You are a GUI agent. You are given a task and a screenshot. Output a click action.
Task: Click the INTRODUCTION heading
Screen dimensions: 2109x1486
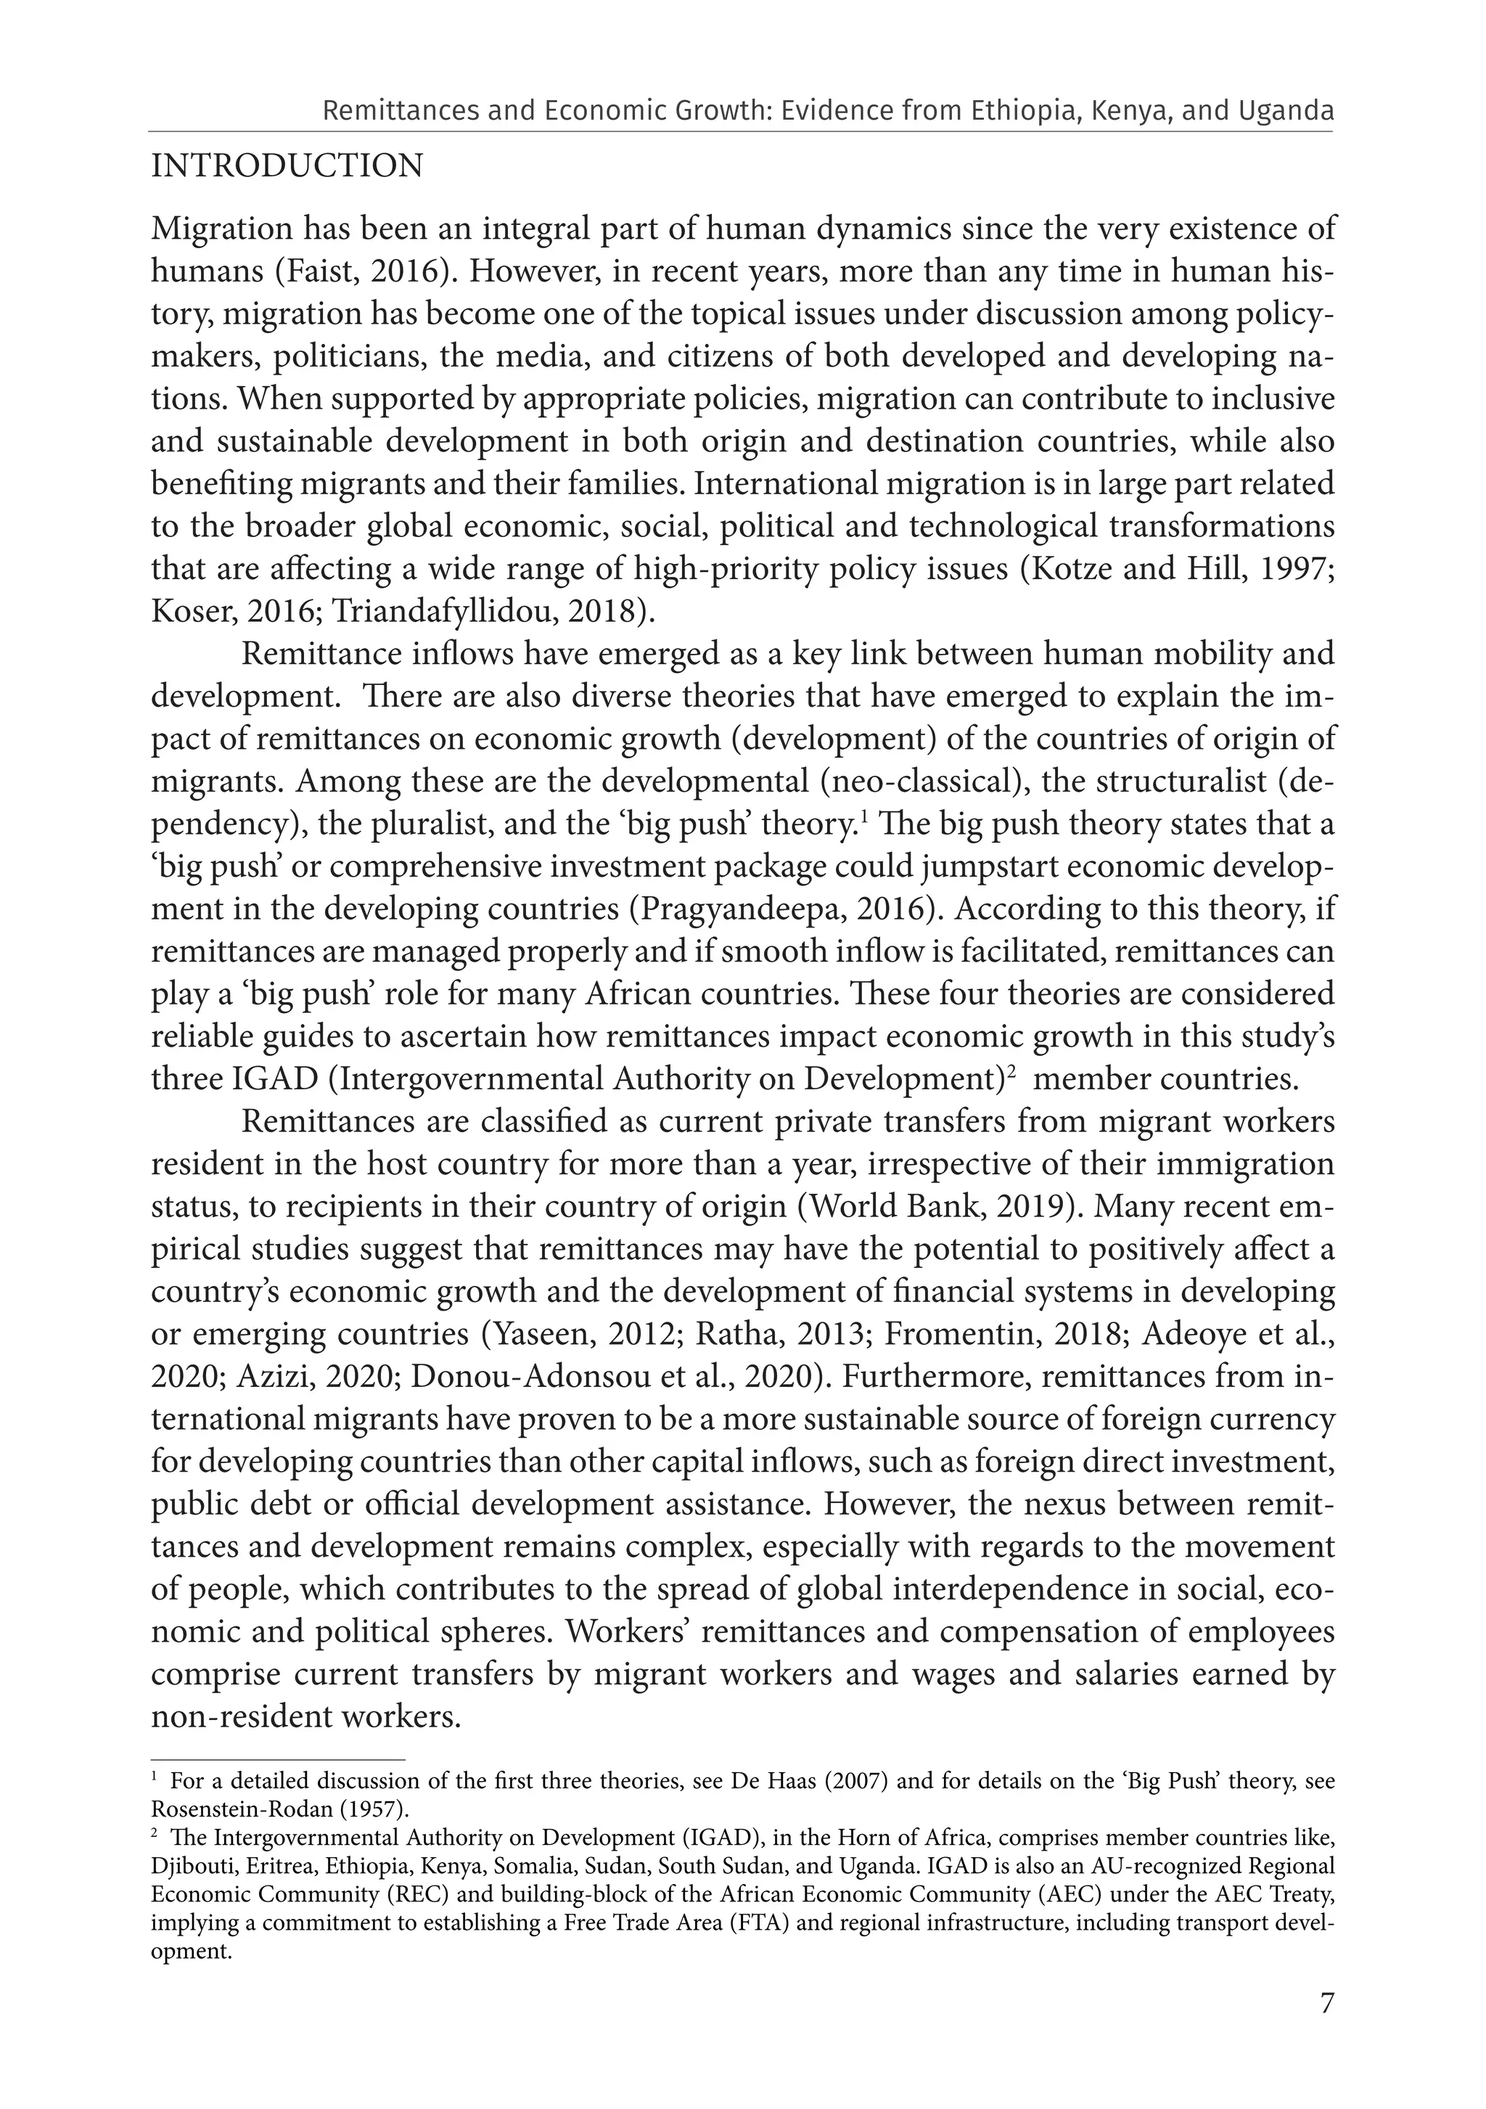point(287,166)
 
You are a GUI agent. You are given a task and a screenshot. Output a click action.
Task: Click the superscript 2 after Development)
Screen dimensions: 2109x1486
point(1010,1070)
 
